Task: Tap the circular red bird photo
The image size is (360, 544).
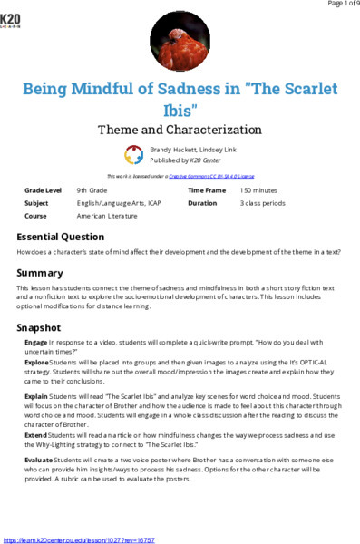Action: [x=180, y=44]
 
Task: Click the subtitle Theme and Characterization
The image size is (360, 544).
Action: [x=180, y=130]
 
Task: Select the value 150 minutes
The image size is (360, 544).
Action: [x=259, y=191]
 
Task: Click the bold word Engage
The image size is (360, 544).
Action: [x=36, y=342]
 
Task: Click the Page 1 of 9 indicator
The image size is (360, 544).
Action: [x=336, y=5]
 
